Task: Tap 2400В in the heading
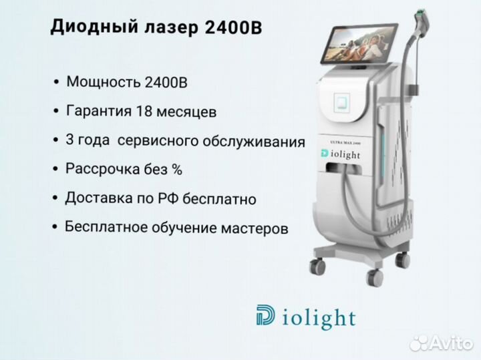tap(233, 27)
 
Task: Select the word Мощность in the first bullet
tap(104, 82)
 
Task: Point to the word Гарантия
tap(99, 112)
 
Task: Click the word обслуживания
tap(254, 142)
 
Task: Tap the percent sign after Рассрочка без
tap(177, 169)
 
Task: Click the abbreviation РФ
tap(168, 199)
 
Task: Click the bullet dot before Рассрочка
tap(55, 169)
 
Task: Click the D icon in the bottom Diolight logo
tap(265, 315)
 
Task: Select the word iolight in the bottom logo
tap(319, 318)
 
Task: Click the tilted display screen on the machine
tap(359, 43)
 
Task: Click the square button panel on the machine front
tap(342, 102)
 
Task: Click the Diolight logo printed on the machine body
tap(341, 154)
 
